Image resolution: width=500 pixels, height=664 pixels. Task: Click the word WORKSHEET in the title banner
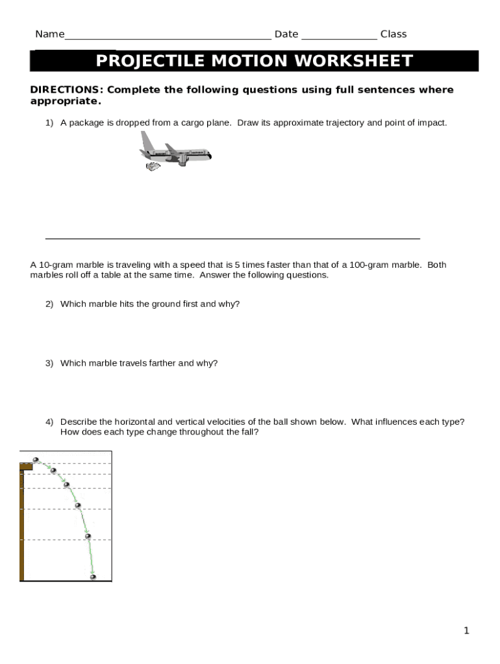[x=353, y=61]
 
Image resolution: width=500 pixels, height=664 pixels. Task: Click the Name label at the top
[x=49, y=34]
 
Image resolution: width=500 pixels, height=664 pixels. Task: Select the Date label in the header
[x=286, y=34]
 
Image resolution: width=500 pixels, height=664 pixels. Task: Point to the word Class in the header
[x=394, y=34]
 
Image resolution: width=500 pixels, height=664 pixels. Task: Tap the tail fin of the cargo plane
[x=147, y=141]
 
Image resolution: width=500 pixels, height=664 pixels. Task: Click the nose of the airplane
[x=208, y=156]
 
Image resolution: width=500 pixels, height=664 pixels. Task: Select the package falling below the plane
[x=153, y=167]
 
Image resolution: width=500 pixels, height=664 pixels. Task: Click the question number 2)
[x=49, y=304]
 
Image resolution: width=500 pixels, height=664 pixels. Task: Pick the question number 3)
[x=49, y=363]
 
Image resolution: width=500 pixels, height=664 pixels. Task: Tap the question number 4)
[x=49, y=422]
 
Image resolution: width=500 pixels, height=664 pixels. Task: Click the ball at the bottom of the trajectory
[x=93, y=576]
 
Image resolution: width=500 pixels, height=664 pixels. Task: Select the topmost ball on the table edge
[x=36, y=460]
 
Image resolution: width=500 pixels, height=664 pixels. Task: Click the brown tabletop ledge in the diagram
[x=26, y=466]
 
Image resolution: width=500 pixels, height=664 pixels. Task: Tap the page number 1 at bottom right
[x=466, y=630]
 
